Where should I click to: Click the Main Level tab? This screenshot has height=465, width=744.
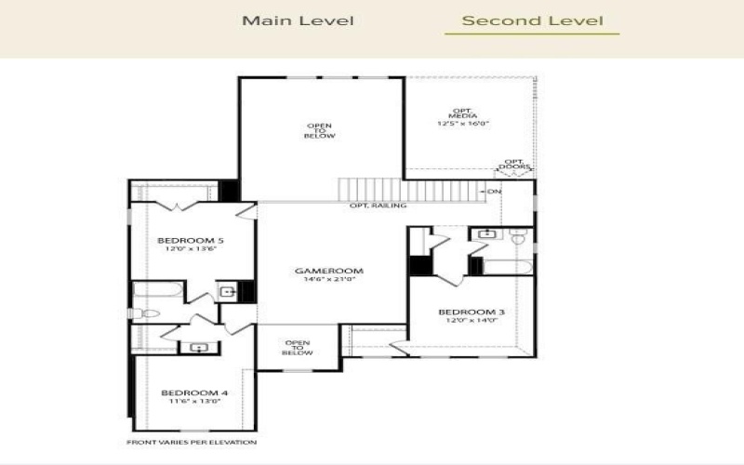point(298,20)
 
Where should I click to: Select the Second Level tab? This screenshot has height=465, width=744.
point(532,20)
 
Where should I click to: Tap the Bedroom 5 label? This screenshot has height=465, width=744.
point(190,240)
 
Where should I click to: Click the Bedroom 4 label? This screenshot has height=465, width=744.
point(193,392)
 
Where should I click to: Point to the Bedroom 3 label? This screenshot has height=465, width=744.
point(472,312)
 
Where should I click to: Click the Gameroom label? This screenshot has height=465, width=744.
point(328,272)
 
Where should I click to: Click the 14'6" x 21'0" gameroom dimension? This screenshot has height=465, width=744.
point(328,280)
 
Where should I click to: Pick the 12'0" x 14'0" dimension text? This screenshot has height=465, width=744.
point(472,320)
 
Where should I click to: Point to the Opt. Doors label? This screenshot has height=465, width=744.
point(513,166)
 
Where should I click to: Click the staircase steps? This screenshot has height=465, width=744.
point(409,189)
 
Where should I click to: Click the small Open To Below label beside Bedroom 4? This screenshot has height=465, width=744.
point(298,348)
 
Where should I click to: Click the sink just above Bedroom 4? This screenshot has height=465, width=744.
point(198,348)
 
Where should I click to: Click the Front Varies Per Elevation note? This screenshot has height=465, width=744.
point(192,443)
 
